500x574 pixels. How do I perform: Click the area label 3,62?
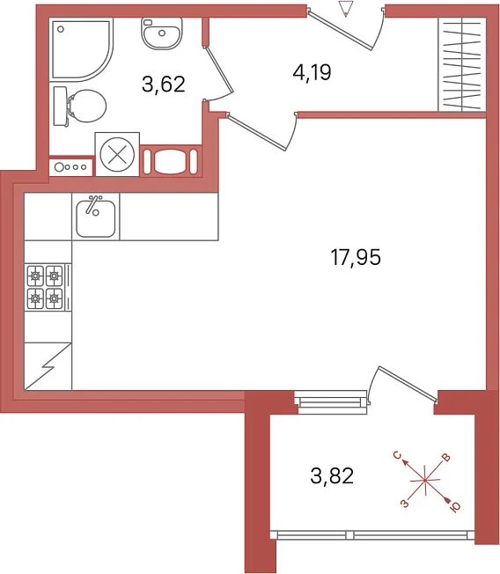(x=163, y=85)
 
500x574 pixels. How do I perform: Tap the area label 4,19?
(x=312, y=72)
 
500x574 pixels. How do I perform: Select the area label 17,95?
(x=356, y=257)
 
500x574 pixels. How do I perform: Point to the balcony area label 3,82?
(x=332, y=476)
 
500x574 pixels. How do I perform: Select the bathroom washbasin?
(x=162, y=33)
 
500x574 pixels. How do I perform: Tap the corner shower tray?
(x=81, y=50)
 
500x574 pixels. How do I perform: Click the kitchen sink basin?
(x=96, y=217)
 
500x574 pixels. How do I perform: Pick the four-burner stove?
(x=48, y=287)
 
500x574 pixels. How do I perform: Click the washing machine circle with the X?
(x=117, y=154)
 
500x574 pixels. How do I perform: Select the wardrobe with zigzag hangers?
(x=462, y=64)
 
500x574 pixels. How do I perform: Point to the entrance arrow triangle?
(x=346, y=9)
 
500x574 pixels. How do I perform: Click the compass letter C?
(x=398, y=455)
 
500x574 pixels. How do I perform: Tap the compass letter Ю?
(x=455, y=506)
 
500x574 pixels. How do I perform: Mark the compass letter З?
(x=404, y=504)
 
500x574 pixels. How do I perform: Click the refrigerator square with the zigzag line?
(x=48, y=366)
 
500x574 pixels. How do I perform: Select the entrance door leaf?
(x=340, y=31)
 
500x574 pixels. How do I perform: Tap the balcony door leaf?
(x=408, y=383)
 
